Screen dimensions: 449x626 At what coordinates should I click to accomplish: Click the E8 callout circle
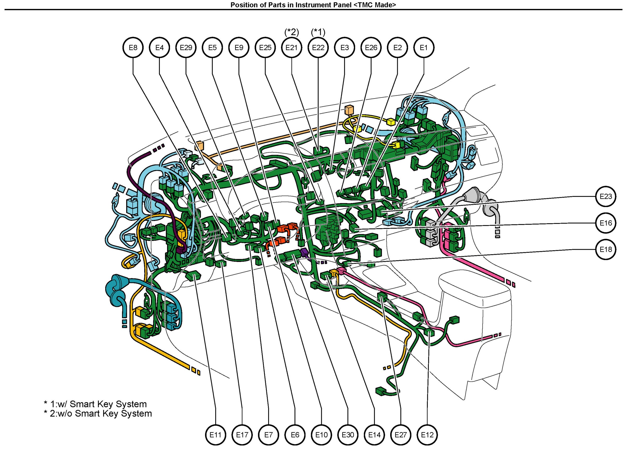133,48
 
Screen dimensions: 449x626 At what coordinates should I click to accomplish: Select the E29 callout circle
186,48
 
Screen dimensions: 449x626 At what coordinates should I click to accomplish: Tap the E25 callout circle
265,48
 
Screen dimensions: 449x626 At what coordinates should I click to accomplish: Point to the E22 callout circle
318,48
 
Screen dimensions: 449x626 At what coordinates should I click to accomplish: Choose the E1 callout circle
424,48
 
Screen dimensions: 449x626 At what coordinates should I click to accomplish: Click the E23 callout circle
606,196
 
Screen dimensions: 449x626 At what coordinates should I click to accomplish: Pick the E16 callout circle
606,223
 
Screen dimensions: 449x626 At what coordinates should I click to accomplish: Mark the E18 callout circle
606,249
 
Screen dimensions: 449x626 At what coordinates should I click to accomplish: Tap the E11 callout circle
215,435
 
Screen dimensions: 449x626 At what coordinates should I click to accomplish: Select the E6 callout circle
295,435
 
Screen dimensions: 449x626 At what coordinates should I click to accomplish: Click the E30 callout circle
348,435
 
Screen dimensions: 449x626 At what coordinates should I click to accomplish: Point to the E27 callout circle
401,435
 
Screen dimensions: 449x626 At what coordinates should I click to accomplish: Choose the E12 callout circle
427,435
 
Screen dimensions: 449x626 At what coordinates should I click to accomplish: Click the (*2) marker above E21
292,32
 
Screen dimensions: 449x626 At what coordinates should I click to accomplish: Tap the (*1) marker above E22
318,32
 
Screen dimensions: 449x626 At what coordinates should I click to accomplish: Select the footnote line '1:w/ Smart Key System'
95,404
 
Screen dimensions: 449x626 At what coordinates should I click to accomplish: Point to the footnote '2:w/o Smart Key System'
98,414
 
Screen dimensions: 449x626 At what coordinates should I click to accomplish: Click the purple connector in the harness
304,252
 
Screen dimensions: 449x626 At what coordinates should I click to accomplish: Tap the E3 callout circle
345,48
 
